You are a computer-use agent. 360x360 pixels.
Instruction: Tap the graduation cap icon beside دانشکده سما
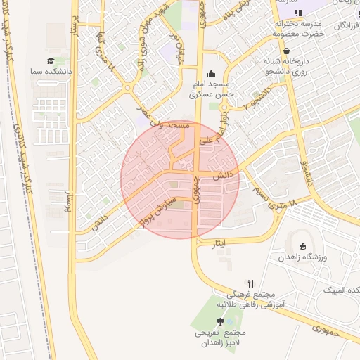pos(51,61)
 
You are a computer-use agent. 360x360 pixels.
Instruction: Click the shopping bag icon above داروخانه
pos(287,51)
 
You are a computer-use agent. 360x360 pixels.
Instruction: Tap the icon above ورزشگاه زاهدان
pos(302,246)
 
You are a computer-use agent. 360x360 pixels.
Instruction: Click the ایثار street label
pos(219,243)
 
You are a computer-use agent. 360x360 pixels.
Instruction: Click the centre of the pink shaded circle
pos(180,179)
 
